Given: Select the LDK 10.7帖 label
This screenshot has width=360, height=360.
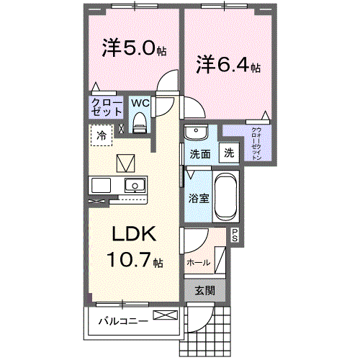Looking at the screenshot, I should [x=135, y=247].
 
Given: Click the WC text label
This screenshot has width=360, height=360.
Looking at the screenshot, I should [x=140, y=102].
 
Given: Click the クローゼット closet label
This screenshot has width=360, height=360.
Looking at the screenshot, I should [x=105, y=107].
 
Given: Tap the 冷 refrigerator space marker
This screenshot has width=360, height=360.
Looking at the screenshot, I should [x=102, y=135].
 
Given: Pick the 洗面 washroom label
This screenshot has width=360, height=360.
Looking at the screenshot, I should [x=200, y=154].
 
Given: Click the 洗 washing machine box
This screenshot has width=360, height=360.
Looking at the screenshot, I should [x=228, y=153].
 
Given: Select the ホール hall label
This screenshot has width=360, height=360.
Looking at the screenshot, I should [x=198, y=263].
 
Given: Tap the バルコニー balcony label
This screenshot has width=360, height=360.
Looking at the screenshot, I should [x=123, y=320].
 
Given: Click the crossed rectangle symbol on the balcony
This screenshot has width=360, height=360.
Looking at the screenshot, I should [x=164, y=315].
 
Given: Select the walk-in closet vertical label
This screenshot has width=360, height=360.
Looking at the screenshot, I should [x=256, y=144].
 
